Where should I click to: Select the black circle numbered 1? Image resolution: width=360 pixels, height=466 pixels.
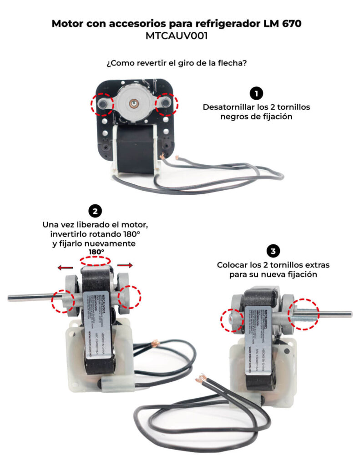256,94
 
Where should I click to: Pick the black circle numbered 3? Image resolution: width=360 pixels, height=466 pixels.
273,251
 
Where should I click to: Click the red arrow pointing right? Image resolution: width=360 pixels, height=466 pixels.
125,265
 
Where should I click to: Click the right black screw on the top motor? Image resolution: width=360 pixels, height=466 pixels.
167,104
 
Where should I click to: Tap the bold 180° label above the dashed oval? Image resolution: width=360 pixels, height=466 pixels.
96,252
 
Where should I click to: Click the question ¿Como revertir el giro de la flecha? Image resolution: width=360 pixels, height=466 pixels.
177,63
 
